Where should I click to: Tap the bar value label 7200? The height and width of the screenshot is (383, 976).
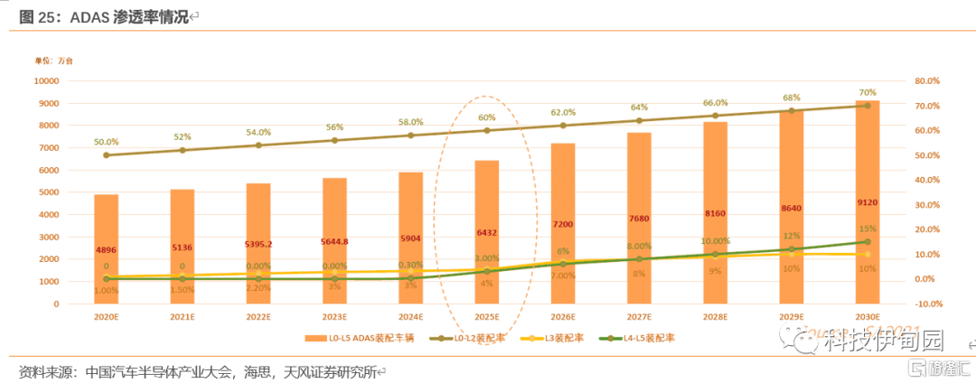point(563,223)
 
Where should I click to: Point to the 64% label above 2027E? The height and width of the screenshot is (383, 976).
point(639,107)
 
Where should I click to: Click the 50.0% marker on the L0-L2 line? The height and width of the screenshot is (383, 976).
point(107,155)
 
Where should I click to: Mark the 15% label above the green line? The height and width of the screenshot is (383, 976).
point(868,229)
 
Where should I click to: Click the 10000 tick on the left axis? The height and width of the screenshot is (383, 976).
point(46,80)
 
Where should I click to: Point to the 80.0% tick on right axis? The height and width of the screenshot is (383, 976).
point(926,80)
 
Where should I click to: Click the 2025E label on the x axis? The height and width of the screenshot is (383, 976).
point(486,317)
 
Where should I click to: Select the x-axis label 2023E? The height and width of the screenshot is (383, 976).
point(334,317)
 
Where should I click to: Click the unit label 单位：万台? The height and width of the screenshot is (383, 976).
point(53,61)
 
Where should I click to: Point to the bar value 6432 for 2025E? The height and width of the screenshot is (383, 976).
point(486,232)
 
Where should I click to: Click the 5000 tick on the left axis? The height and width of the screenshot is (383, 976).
point(46,192)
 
